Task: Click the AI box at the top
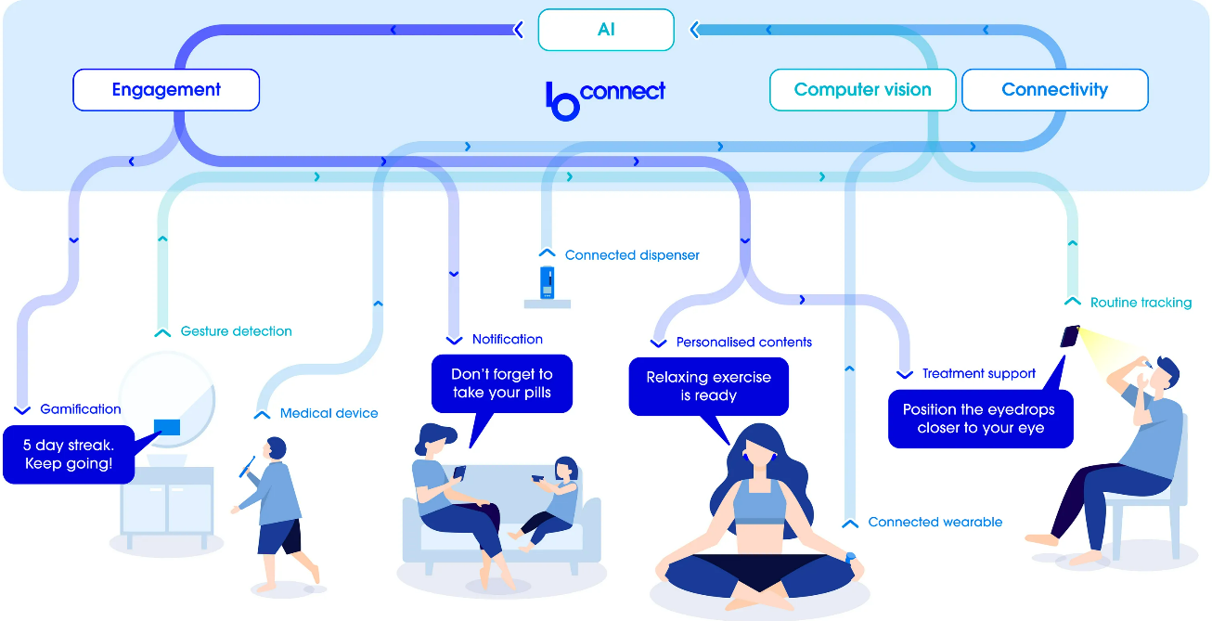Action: point(606,30)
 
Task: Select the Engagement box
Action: point(166,90)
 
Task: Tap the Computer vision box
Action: point(862,90)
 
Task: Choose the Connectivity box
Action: point(1054,90)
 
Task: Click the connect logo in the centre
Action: point(605,97)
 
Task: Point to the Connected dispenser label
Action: point(631,255)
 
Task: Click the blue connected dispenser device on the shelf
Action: point(548,283)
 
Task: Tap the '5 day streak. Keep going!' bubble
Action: point(69,455)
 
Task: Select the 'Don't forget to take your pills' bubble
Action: point(501,383)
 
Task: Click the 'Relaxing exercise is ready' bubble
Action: point(708,387)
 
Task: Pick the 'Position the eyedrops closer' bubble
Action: point(980,420)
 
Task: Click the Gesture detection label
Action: point(236,331)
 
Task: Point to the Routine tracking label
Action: point(1140,303)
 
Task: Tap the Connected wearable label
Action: point(935,523)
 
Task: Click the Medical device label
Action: point(329,413)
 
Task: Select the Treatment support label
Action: point(978,374)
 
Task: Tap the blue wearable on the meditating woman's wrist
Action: point(849,558)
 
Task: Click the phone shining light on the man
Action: point(1070,336)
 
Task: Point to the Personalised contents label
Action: point(743,343)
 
